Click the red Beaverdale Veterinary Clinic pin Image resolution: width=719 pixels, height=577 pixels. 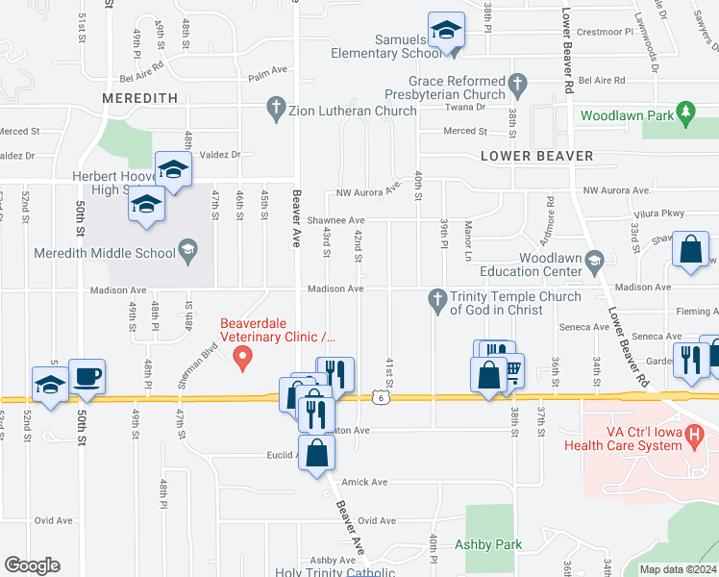pyautogui.click(x=243, y=359)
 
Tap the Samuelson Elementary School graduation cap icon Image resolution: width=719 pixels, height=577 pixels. pyautogui.click(x=446, y=31)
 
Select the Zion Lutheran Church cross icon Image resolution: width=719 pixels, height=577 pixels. pyautogui.click(x=276, y=110)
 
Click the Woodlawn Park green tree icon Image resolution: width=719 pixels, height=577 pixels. pyautogui.click(x=685, y=115)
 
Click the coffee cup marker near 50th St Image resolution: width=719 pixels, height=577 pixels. pyautogui.click(x=87, y=376)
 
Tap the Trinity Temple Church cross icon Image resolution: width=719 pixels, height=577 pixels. pyautogui.click(x=437, y=297)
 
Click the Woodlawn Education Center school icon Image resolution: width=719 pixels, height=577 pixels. pyautogui.click(x=594, y=259)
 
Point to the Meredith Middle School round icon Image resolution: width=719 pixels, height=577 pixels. pyautogui.click(x=188, y=253)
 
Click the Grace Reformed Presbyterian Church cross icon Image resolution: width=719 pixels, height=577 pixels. pyautogui.click(x=518, y=83)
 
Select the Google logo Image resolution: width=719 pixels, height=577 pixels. pyautogui.click(x=32, y=564)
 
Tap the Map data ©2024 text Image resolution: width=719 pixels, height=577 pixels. pyautogui.click(x=678, y=569)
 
